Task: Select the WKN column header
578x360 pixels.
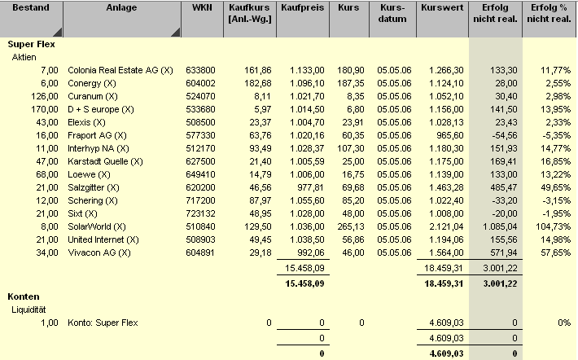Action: (201, 7)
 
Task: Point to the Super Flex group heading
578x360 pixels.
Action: (31, 46)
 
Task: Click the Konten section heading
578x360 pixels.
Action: (25, 296)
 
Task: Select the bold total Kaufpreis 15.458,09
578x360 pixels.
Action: (303, 283)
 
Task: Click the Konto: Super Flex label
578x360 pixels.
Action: (103, 323)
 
